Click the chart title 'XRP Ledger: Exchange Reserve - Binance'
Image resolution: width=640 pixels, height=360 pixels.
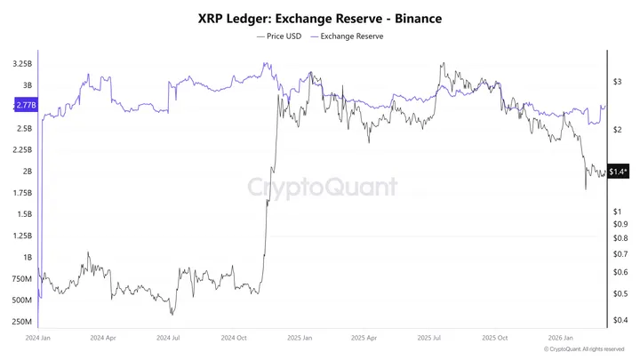(x=319, y=18)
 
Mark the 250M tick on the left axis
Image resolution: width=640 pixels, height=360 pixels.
(x=23, y=322)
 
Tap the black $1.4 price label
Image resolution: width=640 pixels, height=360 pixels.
(x=619, y=172)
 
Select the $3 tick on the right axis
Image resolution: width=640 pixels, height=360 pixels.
(x=617, y=82)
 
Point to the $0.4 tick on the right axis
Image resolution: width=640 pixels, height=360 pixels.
(x=620, y=320)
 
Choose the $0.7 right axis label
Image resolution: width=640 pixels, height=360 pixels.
(x=620, y=253)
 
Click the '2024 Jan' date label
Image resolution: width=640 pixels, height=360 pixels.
(x=38, y=339)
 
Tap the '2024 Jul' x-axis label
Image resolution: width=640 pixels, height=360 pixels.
(x=169, y=339)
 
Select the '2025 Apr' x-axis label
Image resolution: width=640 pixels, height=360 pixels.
(x=364, y=339)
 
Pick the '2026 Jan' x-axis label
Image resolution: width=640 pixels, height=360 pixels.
(x=561, y=339)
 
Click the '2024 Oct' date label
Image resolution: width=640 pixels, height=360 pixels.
(x=235, y=339)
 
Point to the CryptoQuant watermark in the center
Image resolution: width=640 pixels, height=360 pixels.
(x=321, y=187)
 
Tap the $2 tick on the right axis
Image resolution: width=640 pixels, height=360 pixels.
(x=617, y=130)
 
